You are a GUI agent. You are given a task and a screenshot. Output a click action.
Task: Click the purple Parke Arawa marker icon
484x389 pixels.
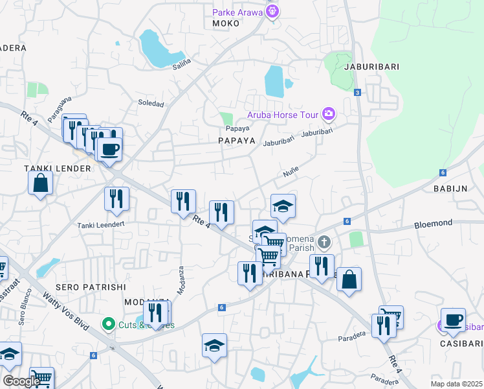(273, 11)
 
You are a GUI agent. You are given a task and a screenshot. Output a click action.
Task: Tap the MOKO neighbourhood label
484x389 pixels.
(226, 23)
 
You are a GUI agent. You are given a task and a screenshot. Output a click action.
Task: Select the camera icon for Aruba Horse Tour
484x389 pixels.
(329, 115)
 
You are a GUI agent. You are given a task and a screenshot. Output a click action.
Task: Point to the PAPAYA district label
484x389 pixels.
(236, 141)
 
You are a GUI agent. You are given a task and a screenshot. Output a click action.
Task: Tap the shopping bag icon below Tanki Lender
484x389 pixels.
(40, 183)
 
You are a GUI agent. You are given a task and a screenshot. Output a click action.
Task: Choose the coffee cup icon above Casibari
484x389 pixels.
(453, 320)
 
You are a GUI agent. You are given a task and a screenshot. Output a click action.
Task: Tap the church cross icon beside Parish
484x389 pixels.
(325, 242)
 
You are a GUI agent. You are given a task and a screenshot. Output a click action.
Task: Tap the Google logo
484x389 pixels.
(22, 381)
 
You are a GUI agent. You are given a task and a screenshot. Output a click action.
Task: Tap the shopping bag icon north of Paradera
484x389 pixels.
(349, 279)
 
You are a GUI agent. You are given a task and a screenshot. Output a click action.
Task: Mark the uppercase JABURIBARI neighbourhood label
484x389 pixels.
(371, 67)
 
